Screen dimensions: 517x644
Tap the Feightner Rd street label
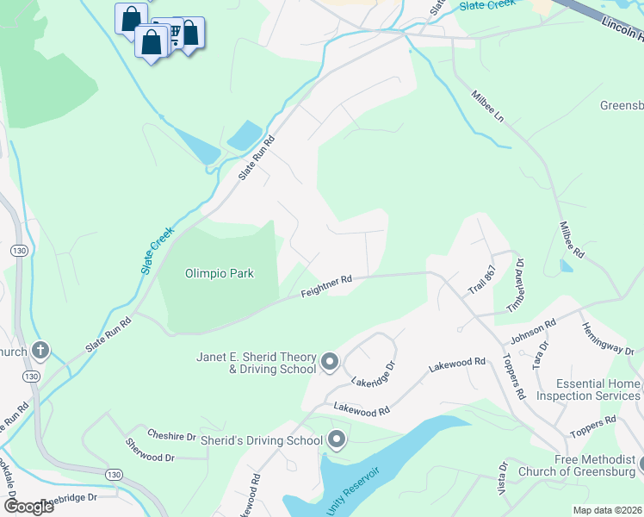(327, 287)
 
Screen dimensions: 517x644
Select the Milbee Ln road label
(486, 106)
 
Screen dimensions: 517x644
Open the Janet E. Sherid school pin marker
(330, 364)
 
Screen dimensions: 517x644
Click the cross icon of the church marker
(40, 351)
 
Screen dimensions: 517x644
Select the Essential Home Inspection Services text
(589, 389)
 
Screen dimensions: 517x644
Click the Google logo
(28, 506)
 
